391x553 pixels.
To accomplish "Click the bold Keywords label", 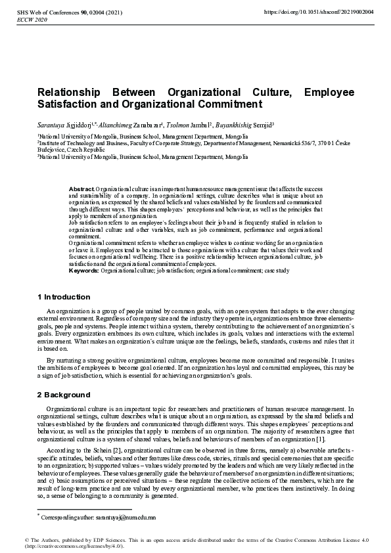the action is pyautogui.click(x=83, y=270).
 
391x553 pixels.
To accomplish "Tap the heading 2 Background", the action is pyautogui.click(x=64, y=395).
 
